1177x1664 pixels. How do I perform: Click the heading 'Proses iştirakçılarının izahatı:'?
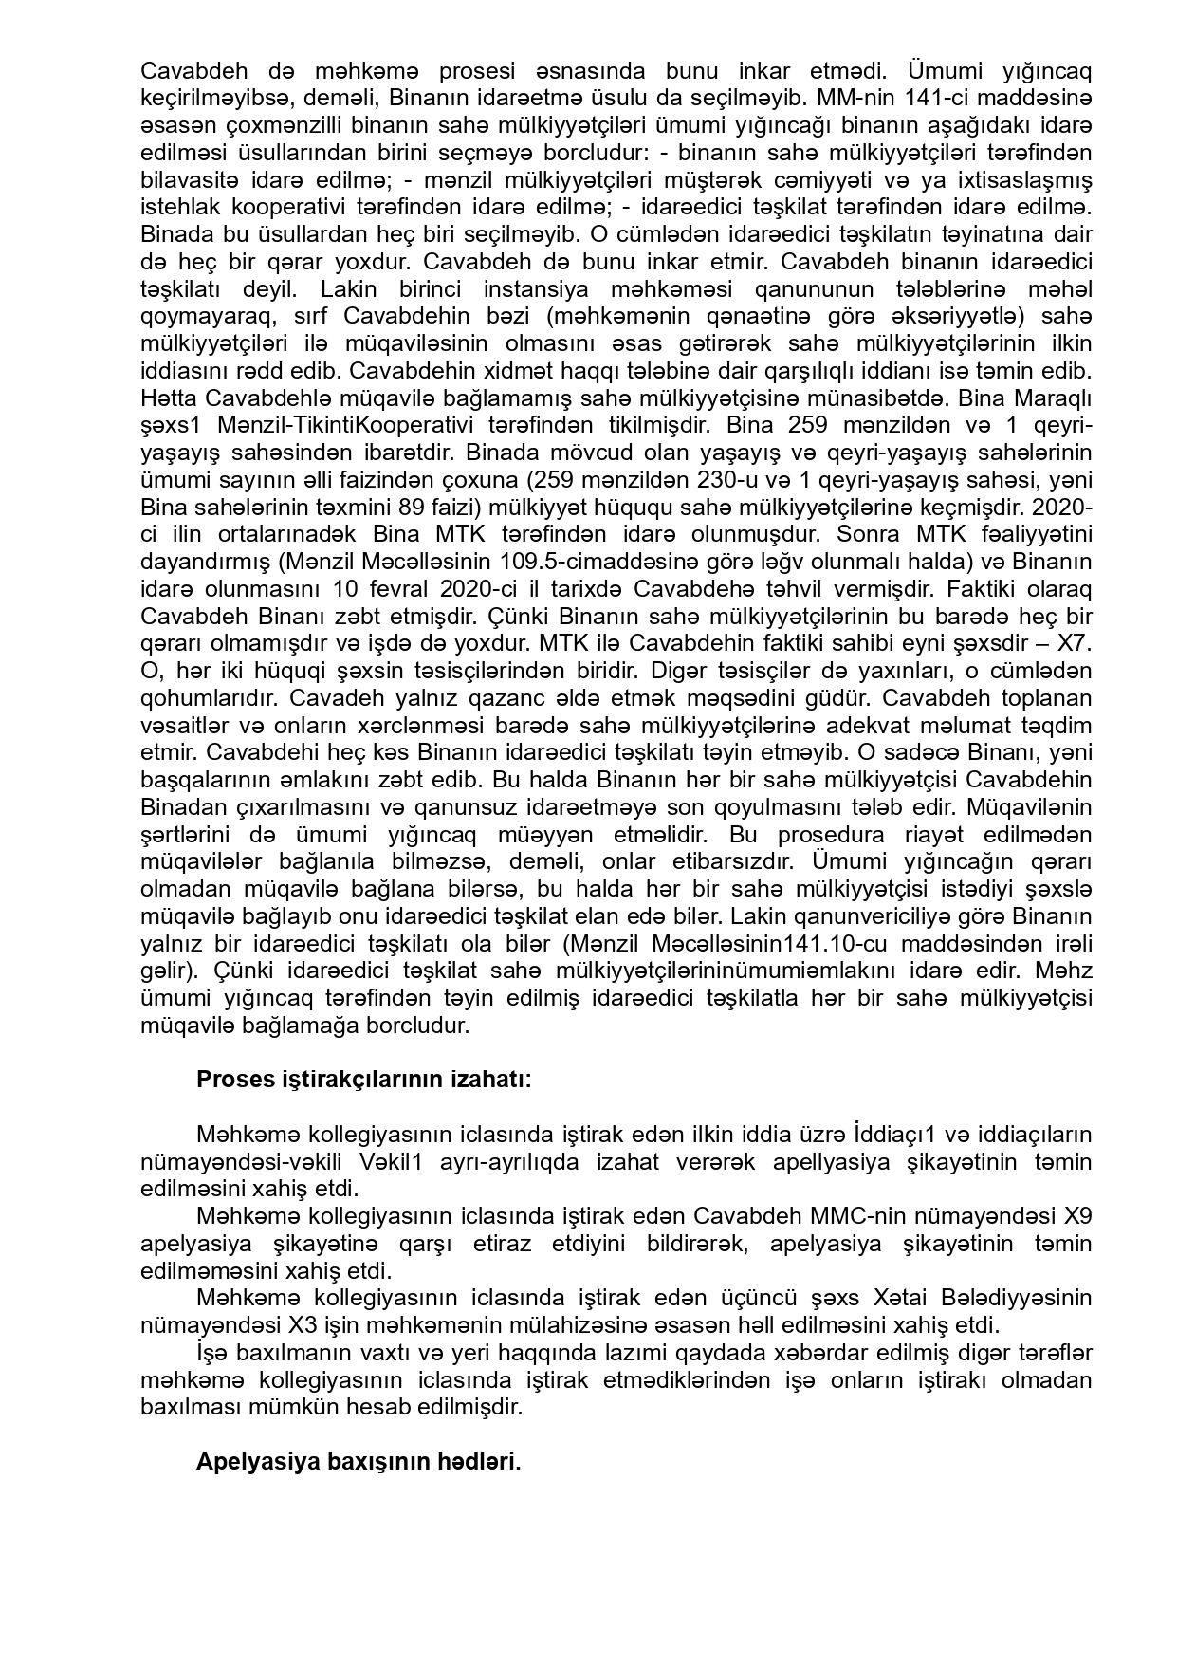point(363,1080)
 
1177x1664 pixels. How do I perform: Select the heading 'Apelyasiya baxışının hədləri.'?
point(359,1461)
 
